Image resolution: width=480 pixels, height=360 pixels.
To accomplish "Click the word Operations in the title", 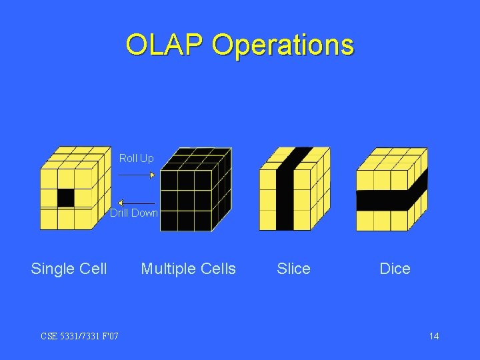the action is (x=283, y=45).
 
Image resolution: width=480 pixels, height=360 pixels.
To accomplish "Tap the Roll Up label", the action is (x=136, y=158).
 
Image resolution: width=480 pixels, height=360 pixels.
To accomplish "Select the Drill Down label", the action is (x=134, y=213).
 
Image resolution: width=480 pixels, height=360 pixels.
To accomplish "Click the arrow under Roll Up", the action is (x=136, y=175).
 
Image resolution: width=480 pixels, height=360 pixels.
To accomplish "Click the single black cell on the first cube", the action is (x=65, y=197).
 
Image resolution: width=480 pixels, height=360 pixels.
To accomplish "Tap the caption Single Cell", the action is (x=69, y=269).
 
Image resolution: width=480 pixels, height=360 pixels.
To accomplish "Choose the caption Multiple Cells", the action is (x=188, y=269).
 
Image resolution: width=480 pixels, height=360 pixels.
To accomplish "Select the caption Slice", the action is (x=293, y=269).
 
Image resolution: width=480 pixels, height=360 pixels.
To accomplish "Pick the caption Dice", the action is (x=395, y=269).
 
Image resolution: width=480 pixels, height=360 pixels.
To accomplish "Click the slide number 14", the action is (x=434, y=336).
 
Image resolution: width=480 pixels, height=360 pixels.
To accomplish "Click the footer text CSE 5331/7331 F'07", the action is (x=79, y=336).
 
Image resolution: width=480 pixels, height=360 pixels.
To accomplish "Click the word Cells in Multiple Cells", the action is (x=217, y=269).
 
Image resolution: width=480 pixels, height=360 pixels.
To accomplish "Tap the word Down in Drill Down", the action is (x=144, y=213).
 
